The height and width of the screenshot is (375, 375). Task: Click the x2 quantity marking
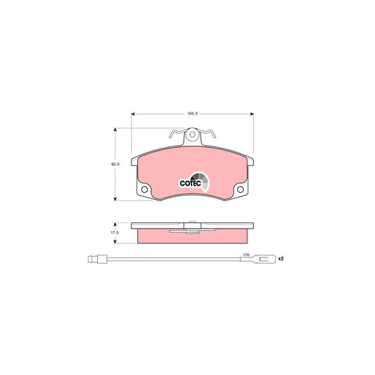click(x=281, y=260)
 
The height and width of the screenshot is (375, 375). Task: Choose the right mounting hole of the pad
click(x=241, y=190)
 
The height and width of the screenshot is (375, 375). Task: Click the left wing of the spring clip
click(x=177, y=133)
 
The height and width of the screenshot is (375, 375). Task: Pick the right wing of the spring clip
click(x=208, y=133)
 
